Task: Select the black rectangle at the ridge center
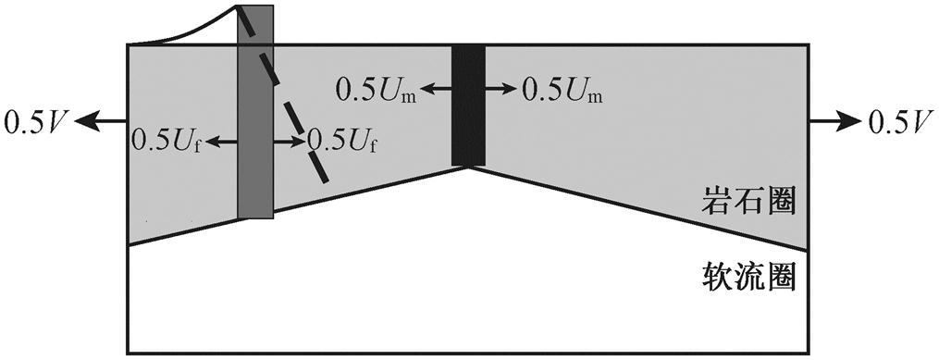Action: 468,105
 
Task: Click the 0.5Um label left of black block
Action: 376,90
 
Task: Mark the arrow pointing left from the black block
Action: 437,89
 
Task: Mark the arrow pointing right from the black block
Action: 500,89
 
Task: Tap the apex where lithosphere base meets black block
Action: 468,168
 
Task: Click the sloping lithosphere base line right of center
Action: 638,208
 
